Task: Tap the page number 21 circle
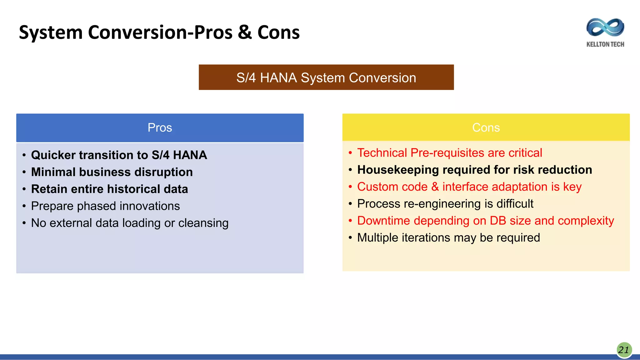coord(624,350)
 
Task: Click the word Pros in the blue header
coord(160,127)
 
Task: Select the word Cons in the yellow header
coord(486,127)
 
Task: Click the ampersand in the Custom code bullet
coord(435,187)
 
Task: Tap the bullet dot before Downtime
coord(350,221)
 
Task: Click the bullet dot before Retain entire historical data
coord(24,189)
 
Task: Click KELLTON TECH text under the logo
coord(605,44)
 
